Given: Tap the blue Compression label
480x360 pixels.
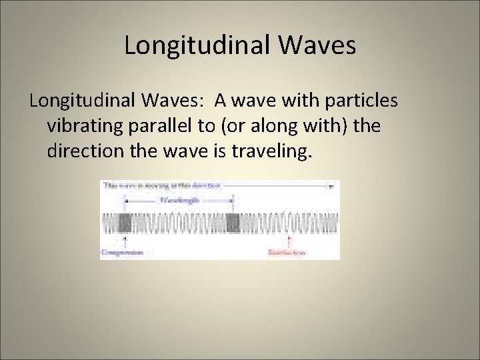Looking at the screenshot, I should point(123,252).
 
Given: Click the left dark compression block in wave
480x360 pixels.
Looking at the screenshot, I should point(125,223).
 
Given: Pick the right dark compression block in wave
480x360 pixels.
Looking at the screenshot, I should point(233,223).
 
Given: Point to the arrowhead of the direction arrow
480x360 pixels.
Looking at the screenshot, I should point(331,187).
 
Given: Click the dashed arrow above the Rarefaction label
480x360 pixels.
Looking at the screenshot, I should point(288,241).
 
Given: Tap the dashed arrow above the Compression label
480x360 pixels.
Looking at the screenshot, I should point(125,241).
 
